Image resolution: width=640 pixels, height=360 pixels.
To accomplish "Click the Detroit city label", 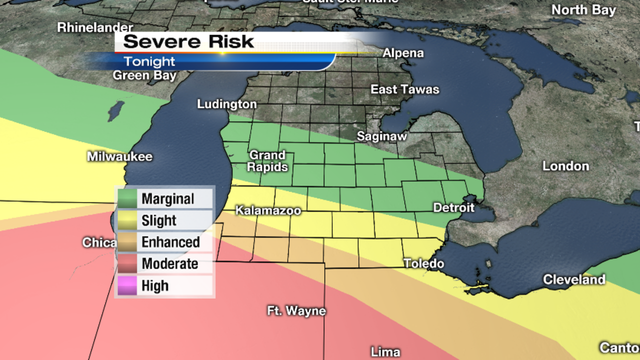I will point(453,207).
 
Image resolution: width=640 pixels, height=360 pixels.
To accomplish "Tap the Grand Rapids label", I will point(267,161).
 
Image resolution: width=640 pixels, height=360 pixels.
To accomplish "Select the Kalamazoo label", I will point(268,210).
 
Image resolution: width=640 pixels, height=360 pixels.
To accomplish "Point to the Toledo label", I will point(423,263).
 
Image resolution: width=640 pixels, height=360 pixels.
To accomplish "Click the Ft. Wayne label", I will point(296,311).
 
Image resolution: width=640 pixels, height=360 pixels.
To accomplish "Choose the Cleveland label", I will point(574,279).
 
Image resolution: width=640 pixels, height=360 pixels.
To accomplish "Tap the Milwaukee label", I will point(119,156).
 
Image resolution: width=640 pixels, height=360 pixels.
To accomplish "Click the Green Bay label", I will point(144,75).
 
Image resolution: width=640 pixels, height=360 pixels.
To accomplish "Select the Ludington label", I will point(226,104).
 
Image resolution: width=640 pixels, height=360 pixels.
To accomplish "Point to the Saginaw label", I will point(381,136).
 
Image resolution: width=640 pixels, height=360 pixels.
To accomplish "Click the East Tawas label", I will point(404,89).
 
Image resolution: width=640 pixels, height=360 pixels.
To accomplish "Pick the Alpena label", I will point(403,53).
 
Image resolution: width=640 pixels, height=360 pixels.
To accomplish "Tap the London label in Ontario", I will point(565,166).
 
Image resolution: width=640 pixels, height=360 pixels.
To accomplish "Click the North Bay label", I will point(583,10).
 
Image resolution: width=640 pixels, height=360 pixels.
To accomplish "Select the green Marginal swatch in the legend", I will point(127,199).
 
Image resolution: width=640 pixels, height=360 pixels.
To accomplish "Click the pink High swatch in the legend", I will point(127,286).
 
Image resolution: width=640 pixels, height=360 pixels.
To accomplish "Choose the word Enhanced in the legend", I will point(170,242).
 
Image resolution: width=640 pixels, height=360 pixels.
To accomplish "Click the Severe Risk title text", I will point(188,42).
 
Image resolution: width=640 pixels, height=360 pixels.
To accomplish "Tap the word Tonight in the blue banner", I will point(149,61).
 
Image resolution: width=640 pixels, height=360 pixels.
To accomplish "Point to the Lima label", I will point(385,352).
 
